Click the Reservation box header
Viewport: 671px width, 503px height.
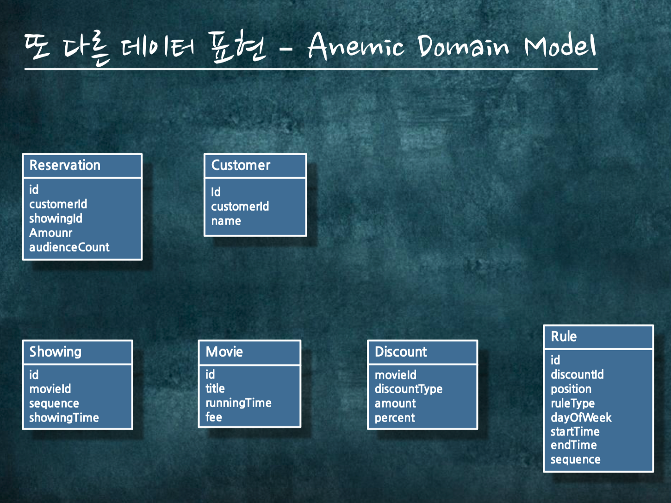tap(65, 165)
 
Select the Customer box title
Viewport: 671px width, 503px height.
tap(241, 165)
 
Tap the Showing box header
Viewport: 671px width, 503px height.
tap(55, 352)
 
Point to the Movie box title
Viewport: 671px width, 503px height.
tap(224, 352)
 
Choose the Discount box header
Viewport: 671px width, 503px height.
tap(401, 352)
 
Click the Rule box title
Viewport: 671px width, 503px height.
tap(564, 337)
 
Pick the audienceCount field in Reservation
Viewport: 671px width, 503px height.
tap(69, 247)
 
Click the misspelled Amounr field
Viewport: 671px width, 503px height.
tap(51, 233)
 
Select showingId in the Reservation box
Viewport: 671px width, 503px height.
tap(56, 219)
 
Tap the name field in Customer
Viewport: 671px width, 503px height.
tap(226, 221)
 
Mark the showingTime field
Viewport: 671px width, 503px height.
tap(64, 418)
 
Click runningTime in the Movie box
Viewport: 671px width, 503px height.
tap(238, 403)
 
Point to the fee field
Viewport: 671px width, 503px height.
tap(214, 417)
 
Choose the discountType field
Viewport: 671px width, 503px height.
tap(408, 389)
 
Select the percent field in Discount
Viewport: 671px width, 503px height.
tap(395, 418)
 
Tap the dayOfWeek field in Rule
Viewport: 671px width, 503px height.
tap(581, 418)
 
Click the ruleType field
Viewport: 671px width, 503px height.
tap(572, 403)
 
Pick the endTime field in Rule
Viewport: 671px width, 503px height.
tap(573, 445)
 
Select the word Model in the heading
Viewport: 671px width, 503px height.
tap(560, 46)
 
